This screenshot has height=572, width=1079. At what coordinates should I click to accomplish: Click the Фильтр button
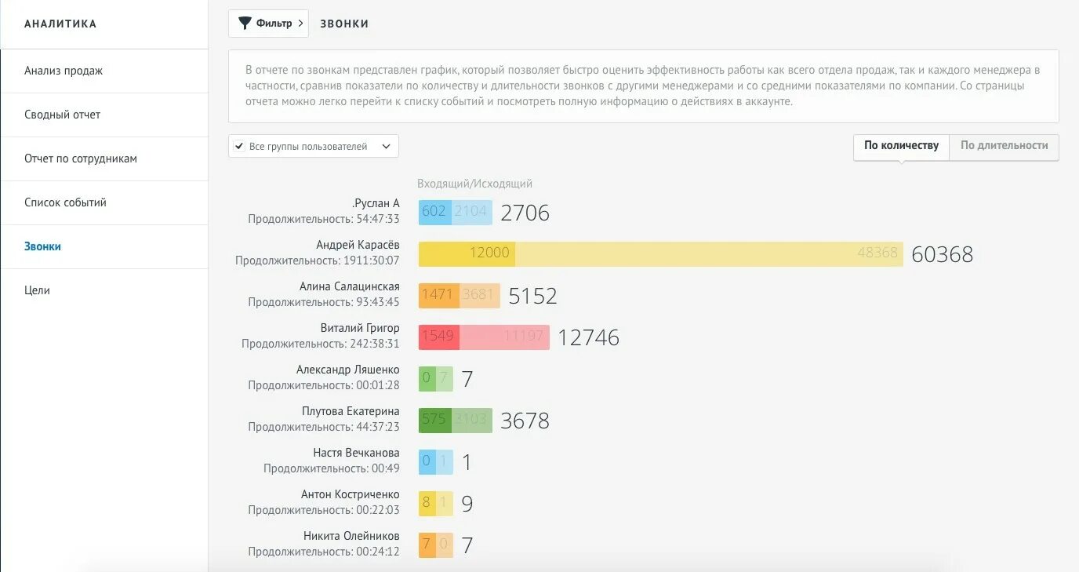point(268,24)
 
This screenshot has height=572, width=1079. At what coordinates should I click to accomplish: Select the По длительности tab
point(1004,146)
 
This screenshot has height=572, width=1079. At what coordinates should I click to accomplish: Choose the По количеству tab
point(901,146)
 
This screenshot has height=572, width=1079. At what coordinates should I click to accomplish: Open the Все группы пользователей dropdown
point(314,147)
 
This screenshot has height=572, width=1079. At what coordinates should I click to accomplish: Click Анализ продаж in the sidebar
point(64,71)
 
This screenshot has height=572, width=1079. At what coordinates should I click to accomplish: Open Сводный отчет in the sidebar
point(63,115)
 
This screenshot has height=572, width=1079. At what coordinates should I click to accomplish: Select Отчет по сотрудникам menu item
point(81,158)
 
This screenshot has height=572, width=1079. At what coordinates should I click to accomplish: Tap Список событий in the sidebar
point(65,202)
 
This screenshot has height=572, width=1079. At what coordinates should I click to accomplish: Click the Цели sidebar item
point(37,290)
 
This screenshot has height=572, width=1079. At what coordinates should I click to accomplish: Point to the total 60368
point(943,254)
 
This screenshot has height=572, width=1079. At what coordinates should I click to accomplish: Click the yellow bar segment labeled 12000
point(467,253)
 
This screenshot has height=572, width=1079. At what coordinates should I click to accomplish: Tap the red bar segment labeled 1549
point(438,337)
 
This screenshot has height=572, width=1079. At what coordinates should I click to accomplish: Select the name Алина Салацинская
point(349,286)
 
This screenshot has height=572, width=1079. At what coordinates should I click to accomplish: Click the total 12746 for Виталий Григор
point(588,337)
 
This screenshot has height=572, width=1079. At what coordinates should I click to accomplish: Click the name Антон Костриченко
point(350,494)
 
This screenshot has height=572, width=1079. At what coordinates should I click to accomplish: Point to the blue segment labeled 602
point(434,212)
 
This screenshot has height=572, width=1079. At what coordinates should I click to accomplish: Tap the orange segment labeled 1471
point(438,295)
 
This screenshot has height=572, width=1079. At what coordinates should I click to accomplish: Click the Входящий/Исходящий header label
point(474,184)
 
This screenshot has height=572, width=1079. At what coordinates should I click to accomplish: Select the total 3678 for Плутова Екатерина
point(525,421)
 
